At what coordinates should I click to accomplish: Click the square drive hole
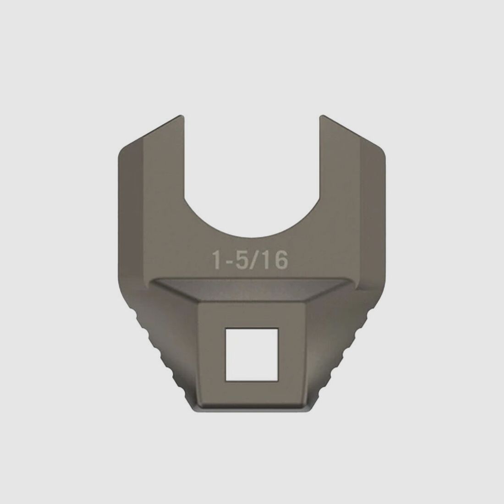point(252,355)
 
